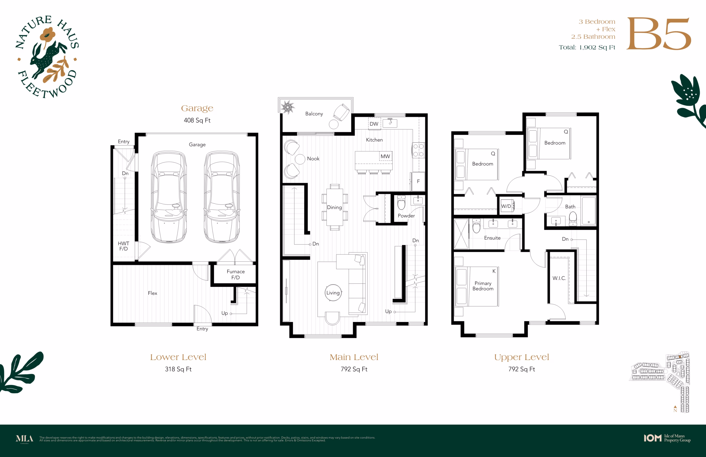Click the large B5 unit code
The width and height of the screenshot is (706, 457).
[659, 34]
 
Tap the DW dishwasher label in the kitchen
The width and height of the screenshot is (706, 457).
[374, 124]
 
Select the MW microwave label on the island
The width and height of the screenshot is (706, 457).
[385, 156]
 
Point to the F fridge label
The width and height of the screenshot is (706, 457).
[418, 181]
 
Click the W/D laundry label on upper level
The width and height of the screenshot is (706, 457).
[506, 206]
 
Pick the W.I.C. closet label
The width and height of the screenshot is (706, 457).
[559, 278]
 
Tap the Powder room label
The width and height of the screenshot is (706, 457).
[406, 216]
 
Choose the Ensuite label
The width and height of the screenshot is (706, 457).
[492, 238]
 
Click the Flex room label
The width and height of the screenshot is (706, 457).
[153, 293]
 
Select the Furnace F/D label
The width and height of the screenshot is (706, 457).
[236, 275]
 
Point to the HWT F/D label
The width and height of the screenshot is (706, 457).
[124, 246]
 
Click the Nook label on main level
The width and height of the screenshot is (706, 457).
[313, 159]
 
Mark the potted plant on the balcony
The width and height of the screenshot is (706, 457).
[288, 107]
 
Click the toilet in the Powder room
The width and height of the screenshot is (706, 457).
[401, 202]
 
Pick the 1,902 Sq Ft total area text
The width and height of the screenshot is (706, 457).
[597, 47]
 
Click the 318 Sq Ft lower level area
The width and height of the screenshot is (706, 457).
[178, 369]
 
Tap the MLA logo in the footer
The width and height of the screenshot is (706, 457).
[25, 439]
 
